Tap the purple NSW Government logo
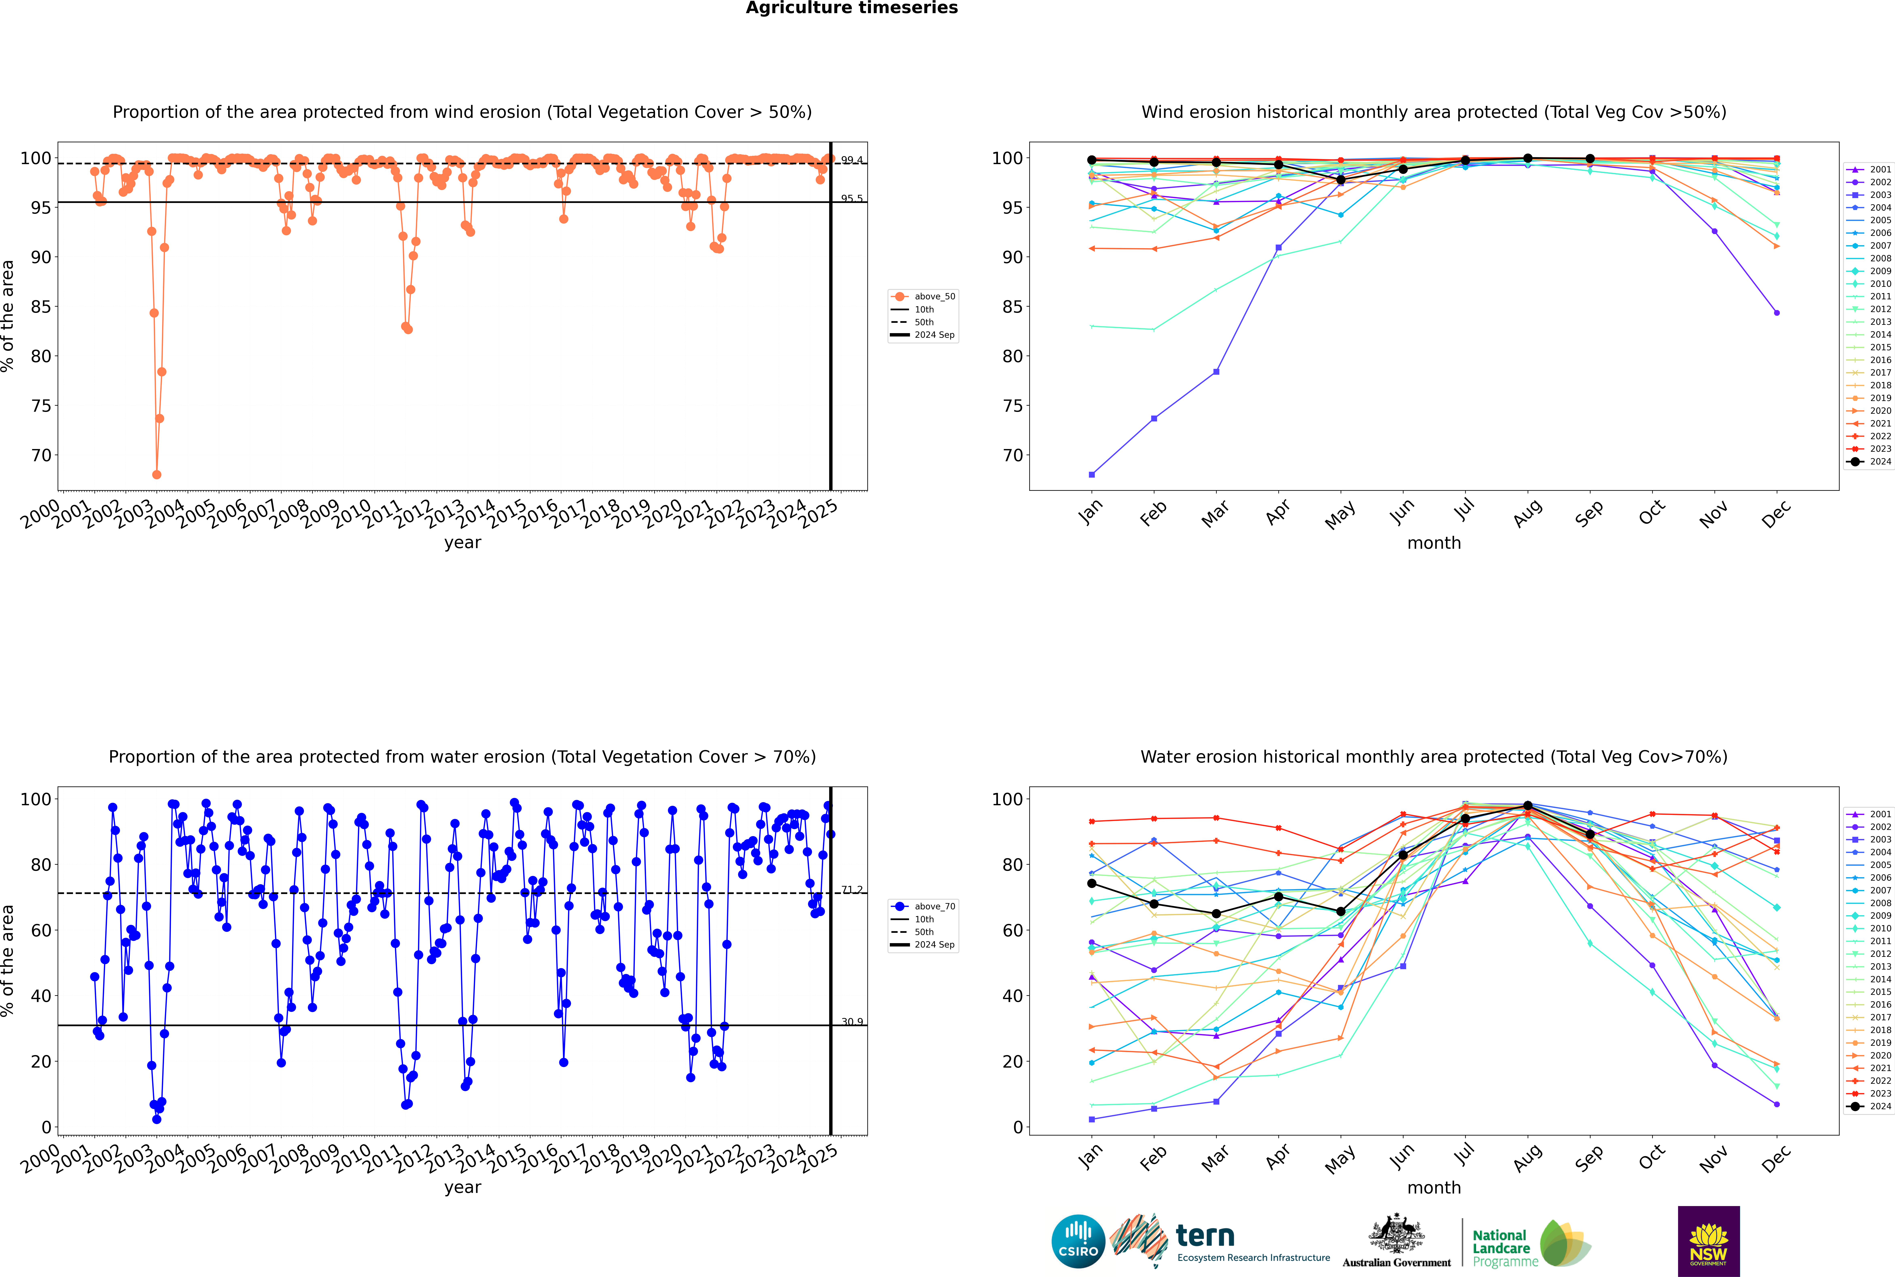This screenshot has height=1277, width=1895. click(x=1708, y=1240)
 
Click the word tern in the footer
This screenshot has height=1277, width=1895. click(x=1205, y=1236)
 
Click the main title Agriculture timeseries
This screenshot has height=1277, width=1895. click(x=851, y=8)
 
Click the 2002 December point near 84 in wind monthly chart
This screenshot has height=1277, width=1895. click(x=1777, y=313)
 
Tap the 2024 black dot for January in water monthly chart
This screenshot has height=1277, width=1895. click(x=1092, y=884)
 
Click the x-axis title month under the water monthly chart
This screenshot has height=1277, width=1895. click(x=1434, y=1187)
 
